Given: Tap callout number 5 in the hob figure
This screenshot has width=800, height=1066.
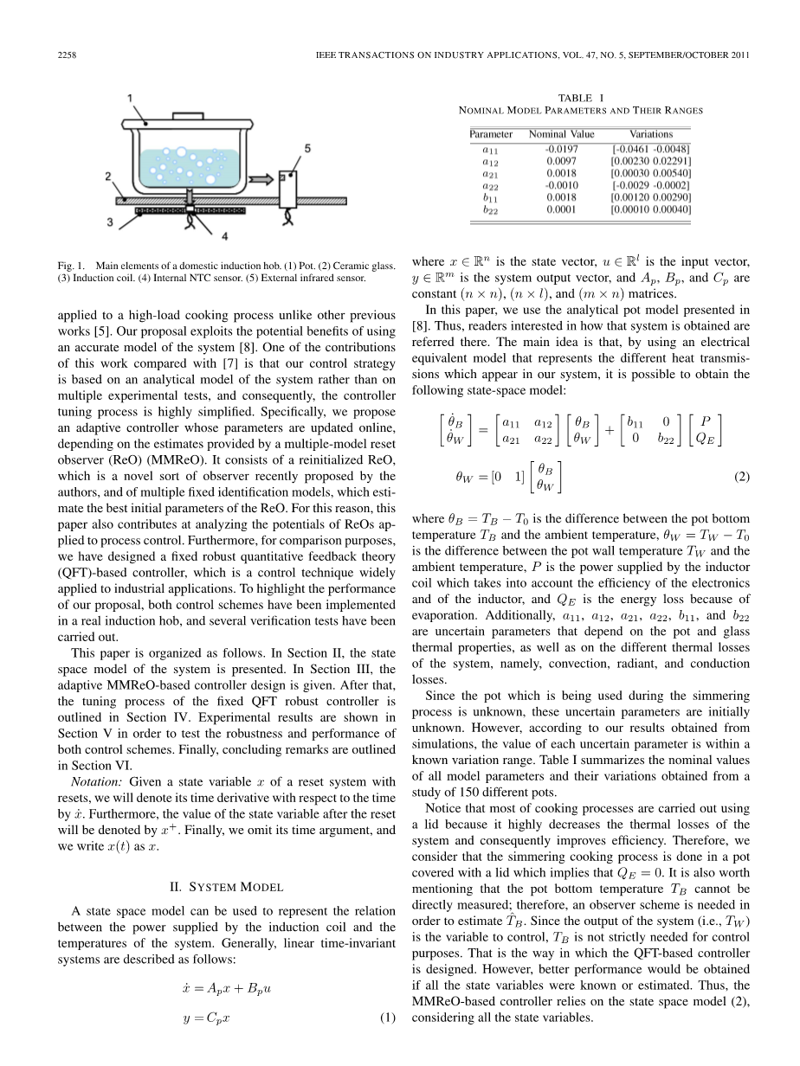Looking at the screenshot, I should (x=308, y=149).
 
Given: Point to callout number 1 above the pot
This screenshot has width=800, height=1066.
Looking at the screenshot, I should (x=130, y=99).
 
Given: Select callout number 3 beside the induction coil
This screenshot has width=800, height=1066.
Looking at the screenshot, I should (x=110, y=222).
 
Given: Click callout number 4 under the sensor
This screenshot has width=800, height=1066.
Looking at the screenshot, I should (x=224, y=234).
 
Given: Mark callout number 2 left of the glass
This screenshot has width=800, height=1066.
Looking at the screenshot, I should (x=109, y=176).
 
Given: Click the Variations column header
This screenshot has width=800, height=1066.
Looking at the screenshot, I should (x=650, y=134).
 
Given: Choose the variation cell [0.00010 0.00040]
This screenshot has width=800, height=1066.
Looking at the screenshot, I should (x=650, y=209).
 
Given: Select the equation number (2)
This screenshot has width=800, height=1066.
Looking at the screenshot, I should (x=741, y=476).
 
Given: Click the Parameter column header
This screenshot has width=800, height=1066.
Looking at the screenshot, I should (x=491, y=134).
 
